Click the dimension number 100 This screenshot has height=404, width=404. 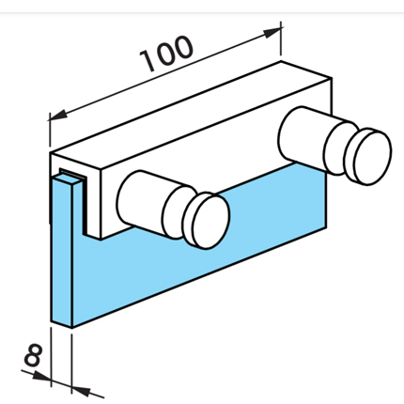[x=166, y=54]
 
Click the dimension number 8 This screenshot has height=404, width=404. [x=33, y=355]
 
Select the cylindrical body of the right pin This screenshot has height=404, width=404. [x=305, y=135]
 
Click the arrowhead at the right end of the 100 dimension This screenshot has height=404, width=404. [x=272, y=32]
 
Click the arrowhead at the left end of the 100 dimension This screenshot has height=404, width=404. [x=59, y=115]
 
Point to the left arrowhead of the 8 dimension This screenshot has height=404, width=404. [x=41, y=375]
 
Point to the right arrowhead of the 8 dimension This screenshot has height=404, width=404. [x=81, y=390]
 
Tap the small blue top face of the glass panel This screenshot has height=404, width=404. [x=67, y=179]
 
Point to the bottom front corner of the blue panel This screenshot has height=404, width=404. [x=72, y=328]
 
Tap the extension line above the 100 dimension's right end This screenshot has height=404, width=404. [x=281, y=39]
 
